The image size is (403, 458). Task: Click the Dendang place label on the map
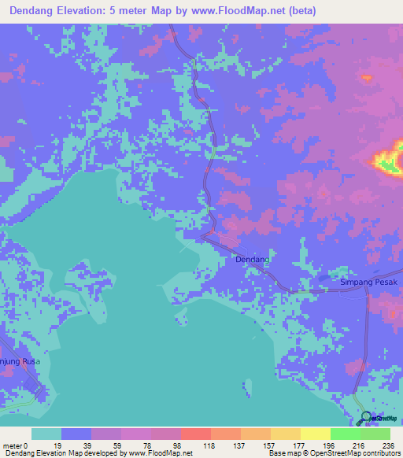252,259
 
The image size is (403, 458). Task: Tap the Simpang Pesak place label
368,282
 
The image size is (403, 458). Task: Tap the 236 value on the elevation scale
388,445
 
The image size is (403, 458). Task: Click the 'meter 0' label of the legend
16,445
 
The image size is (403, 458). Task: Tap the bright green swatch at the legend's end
375,434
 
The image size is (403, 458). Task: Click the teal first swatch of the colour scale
46,434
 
